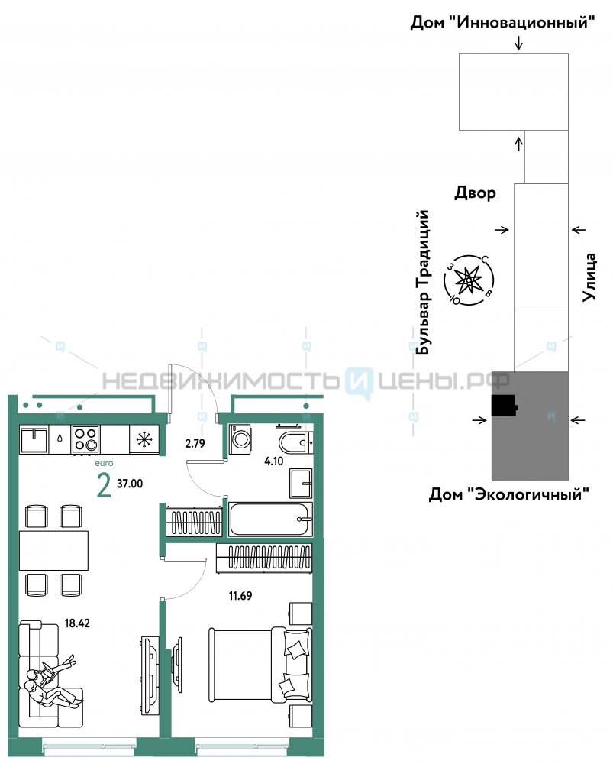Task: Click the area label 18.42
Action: click(x=77, y=623)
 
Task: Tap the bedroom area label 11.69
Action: click(x=240, y=595)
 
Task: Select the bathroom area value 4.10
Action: click(x=273, y=461)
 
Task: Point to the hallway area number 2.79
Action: click(x=195, y=443)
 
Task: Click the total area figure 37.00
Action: click(x=130, y=484)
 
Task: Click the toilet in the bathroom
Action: click(x=294, y=442)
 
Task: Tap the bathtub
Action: click(x=270, y=520)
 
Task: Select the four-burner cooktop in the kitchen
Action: click(x=85, y=439)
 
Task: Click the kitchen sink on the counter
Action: click(x=34, y=439)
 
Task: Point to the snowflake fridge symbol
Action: click(x=144, y=439)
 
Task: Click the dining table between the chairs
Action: click(x=53, y=551)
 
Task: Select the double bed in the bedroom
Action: click(x=260, y=665)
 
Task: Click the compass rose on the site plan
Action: click(x=469, y=280)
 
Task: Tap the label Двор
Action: click(x=476, y=193)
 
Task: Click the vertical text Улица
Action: click(x=589, y=277)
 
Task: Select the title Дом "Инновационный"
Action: click(x=502, y=22)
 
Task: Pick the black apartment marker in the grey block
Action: click(x=504, y=406)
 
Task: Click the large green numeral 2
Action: click(x=104, y=485)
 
